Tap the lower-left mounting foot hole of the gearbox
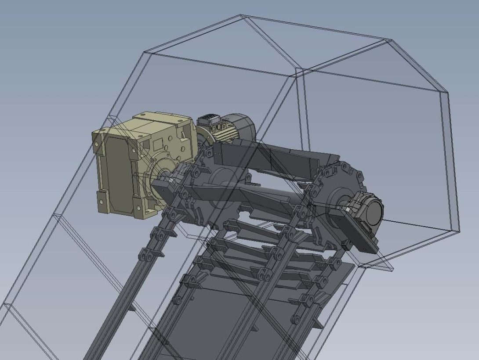coord(102,202)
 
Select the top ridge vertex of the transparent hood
coord(241,16)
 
